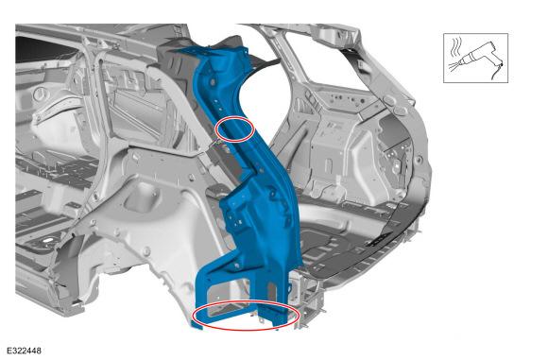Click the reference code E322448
25,351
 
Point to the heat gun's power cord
497,73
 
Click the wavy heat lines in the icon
456,46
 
